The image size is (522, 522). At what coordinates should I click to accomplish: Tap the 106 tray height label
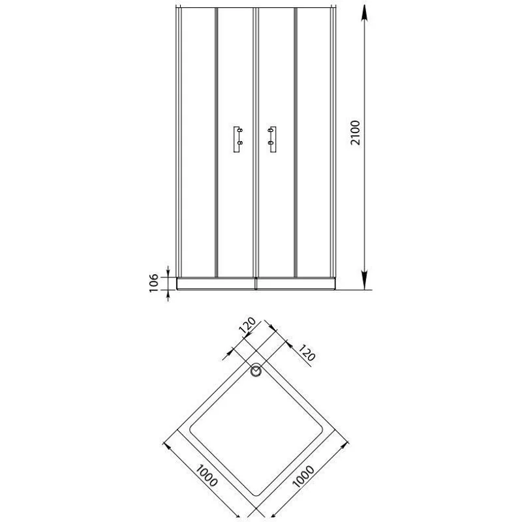(x=155, y=283)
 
